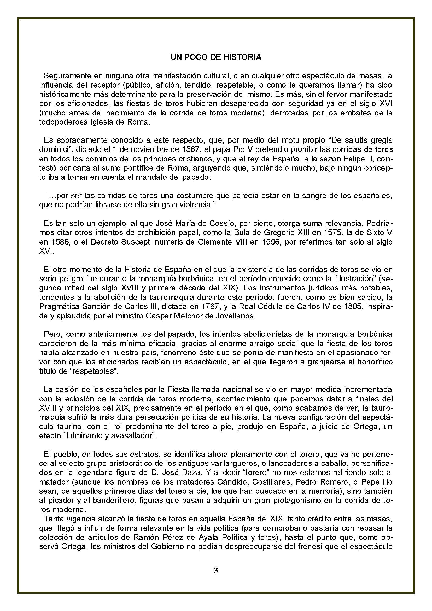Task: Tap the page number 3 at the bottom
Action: [x=216, y=570]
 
